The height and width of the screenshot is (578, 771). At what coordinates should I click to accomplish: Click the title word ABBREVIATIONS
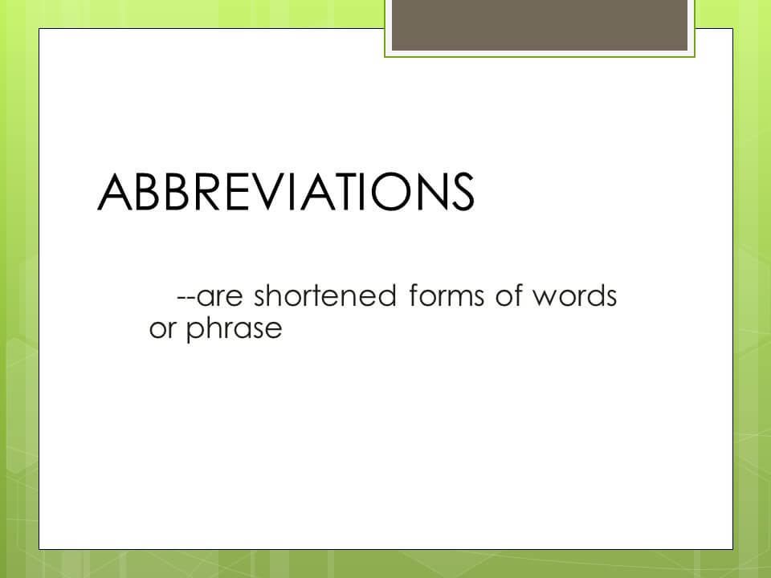(x=285, y=193)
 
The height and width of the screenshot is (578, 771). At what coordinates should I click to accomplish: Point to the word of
(x=506, y=296)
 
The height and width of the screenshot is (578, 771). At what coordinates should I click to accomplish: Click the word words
(x=574, y=296)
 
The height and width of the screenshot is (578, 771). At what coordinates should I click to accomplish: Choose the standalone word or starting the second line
(x=162, y=330)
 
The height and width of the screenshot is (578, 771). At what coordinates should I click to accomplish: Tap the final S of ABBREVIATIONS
(x=459, y=193)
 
